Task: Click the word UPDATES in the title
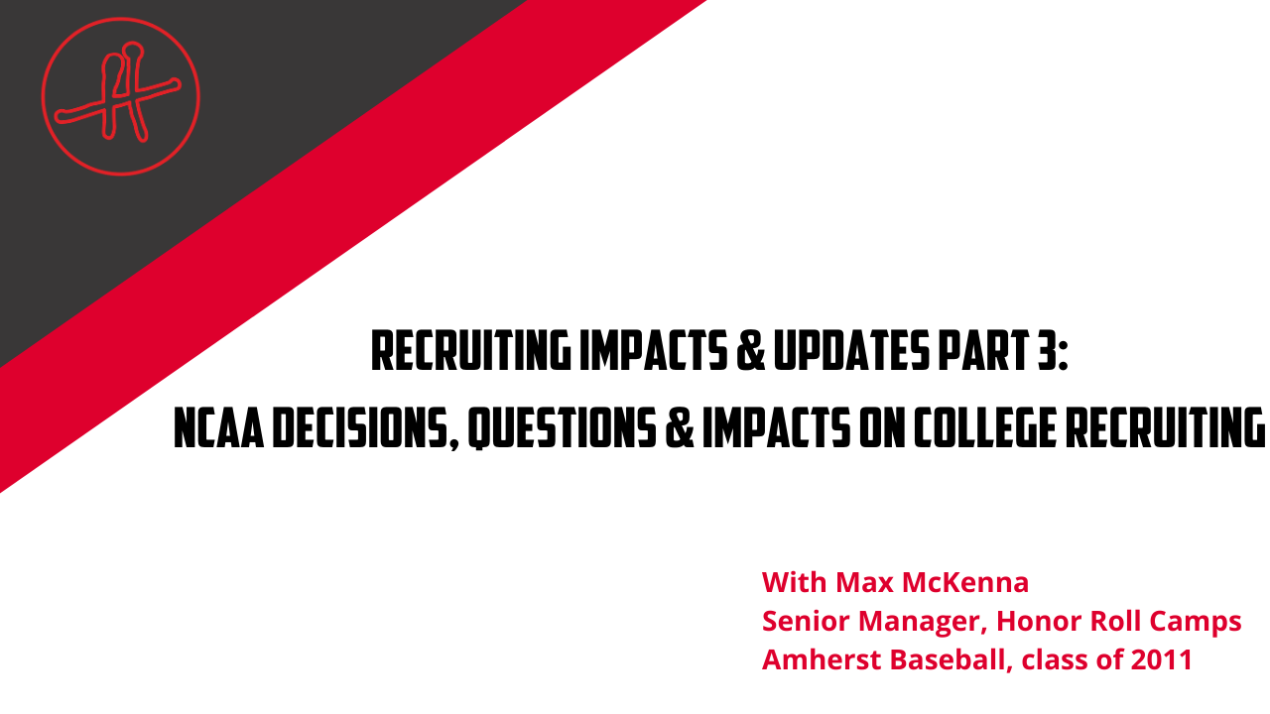pyautogui.click(x=851, y=351)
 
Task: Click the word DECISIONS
pyautogui.click(x=365, y=429)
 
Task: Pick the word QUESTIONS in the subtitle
pyautogui.click(x=562, y=429)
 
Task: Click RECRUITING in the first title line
pyautogui.click(x=471, y=351)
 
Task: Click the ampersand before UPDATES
pyautogui.click(x=750, y=351)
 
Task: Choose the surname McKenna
pyautogui.click(x=965, y=582)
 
